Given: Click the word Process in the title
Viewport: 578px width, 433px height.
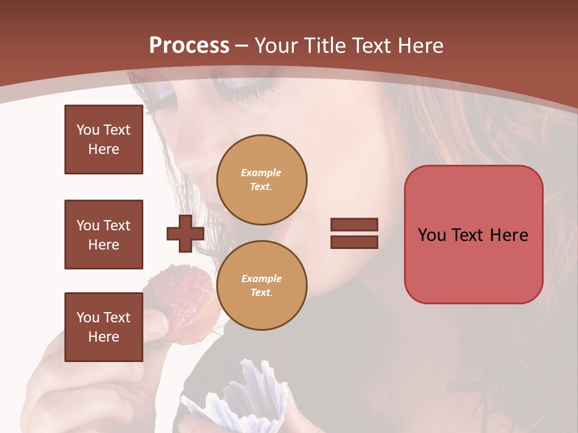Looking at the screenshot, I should click(189, 46).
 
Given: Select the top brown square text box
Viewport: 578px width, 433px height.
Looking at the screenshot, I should click(104, 140).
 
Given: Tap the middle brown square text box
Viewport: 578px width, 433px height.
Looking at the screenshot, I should click(104, 235).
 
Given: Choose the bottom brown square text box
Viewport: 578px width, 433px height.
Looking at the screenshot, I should click(104, 327).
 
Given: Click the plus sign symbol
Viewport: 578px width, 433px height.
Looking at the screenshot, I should click(185, 233).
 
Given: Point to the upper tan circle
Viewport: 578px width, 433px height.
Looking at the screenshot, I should click(261, 180).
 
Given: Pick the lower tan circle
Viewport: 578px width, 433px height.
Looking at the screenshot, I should click(261, 286).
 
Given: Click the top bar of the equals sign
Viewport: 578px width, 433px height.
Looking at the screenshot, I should click(354, 224).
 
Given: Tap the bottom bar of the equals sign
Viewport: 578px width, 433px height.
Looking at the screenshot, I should click(354, 242).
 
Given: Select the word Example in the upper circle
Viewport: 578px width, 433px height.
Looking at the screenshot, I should click(261, 173).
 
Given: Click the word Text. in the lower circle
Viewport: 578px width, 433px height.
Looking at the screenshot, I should click(261, 292).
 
